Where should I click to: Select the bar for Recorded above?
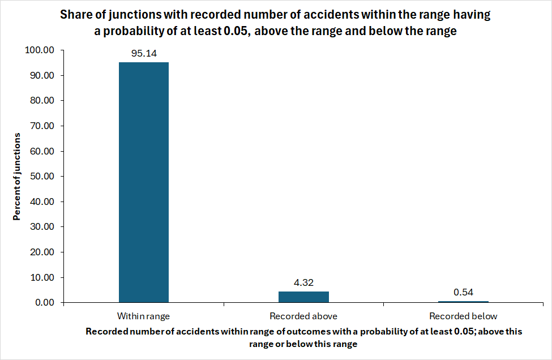[x=303, y=297]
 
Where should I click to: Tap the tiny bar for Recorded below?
[x=463, y=302]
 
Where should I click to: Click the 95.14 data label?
[x=144, y=54]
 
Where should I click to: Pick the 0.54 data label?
[x=463, y=292]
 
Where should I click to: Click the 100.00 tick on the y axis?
[x=40, y=50]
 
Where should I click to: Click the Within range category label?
[x=144, y=316]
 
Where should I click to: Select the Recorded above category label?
[x=303, y=316]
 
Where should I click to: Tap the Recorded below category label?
[x=463, y=316]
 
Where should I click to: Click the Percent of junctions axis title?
[x=17, y=177]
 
